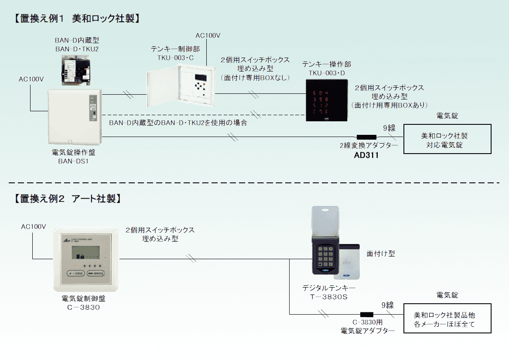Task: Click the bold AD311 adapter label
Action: coord(366,155)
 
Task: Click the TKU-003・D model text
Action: coord(327,73)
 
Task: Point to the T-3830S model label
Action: coord(329,297)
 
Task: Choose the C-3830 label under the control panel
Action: coord(83,307)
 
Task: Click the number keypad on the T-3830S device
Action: coord(325,257)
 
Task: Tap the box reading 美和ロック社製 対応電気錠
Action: coord(447,139)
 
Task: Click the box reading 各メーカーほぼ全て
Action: coord(447,319)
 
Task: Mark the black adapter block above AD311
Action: coord(366,137)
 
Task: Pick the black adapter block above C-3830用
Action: coord(366,314)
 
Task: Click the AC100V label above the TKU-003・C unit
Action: coord(208,36)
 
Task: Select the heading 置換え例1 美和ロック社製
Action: coord(76,18)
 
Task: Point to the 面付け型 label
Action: coord(380,254)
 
